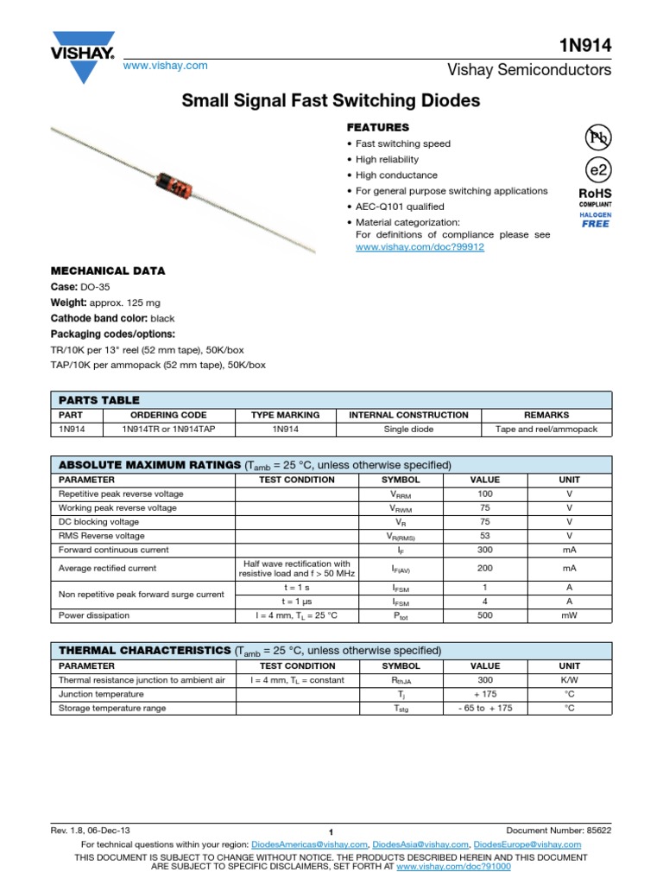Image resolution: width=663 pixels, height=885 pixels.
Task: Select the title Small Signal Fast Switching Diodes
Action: (x=331, y=101)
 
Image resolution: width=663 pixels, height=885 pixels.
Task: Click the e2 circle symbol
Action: (x=596, y=169)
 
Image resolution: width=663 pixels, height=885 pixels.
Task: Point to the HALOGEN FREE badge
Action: (x=595, y=219)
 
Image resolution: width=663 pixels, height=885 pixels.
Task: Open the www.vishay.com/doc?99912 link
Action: (x=420, y=247)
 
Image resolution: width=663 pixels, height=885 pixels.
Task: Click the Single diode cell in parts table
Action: (x=408, y=429)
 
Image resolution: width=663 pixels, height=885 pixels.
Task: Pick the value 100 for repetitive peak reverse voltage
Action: (x=484, y=493)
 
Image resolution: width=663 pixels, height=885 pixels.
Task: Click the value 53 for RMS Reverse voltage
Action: (x=484, y=536)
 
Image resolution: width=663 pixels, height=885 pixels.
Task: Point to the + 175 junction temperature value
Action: (x=484, y=694)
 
